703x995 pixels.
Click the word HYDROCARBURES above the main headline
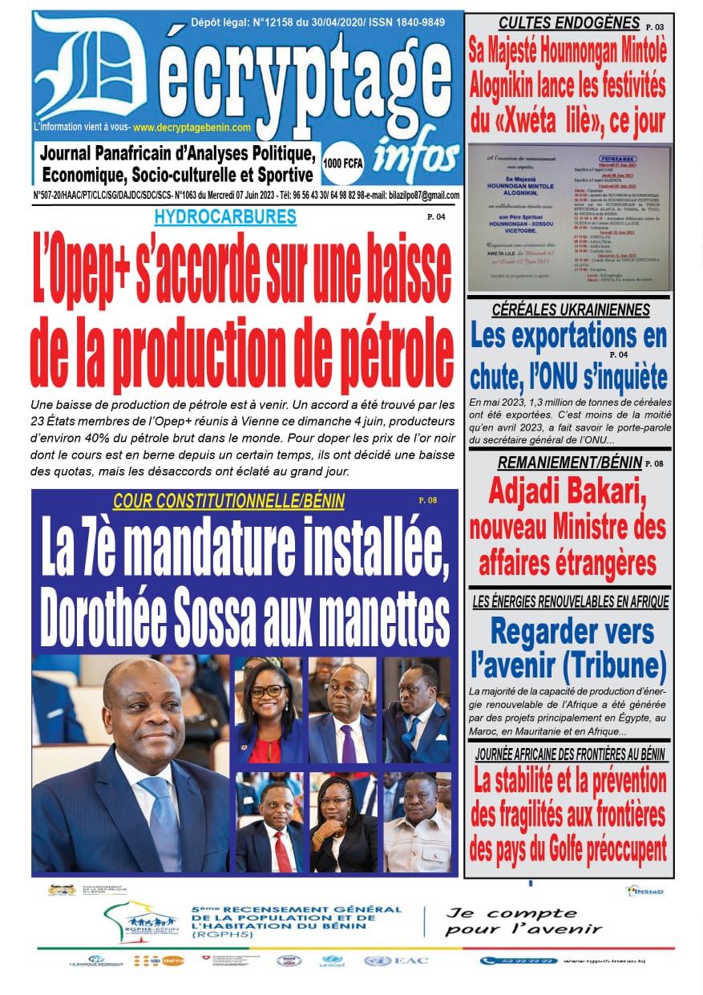coord(225,216)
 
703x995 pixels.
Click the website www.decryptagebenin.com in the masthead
coord(192,127)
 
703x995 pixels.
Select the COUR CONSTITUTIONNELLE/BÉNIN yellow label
coord(228,501)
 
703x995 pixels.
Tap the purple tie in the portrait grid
coord(347,742)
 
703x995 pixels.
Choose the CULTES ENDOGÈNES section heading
coord(568,23)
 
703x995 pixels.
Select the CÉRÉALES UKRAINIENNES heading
coord(570,310)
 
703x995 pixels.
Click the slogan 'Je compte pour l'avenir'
coord(523,921)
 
